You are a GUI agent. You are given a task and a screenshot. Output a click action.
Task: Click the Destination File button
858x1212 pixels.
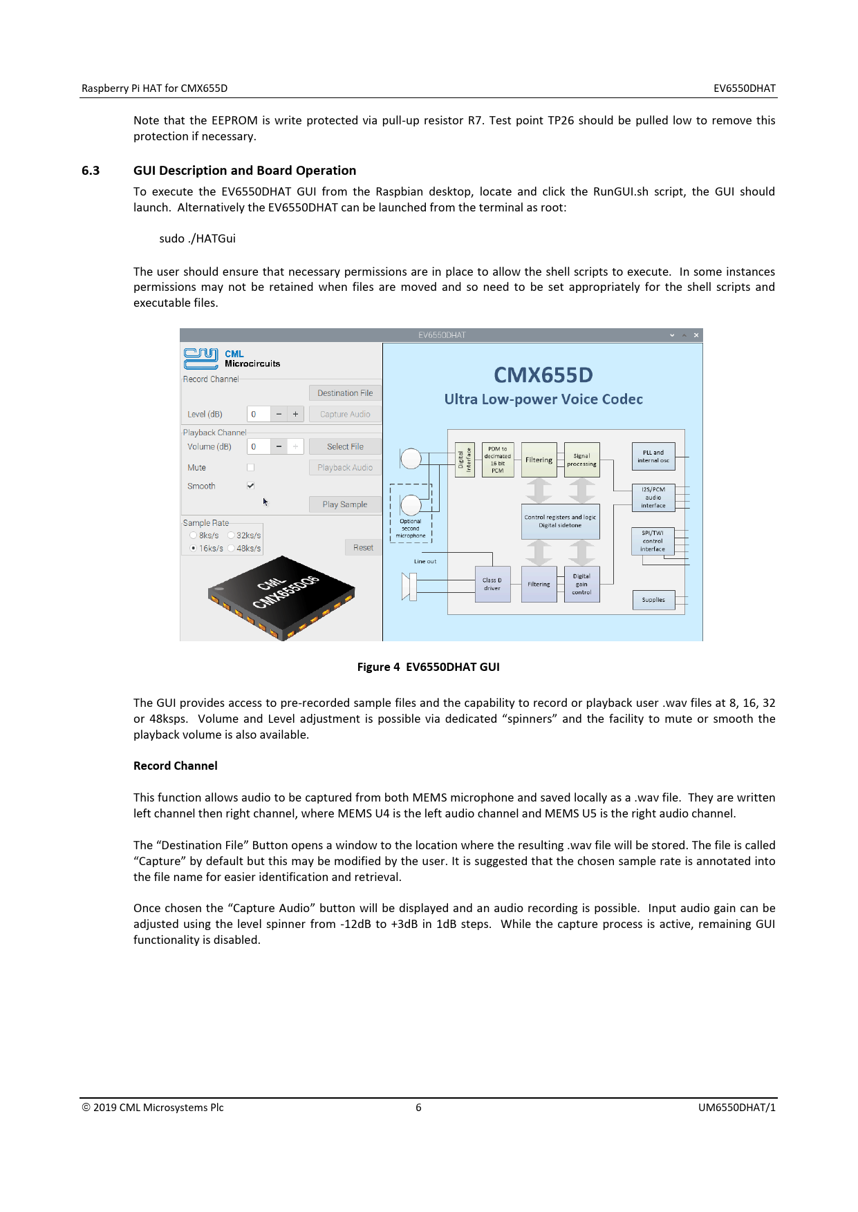345,393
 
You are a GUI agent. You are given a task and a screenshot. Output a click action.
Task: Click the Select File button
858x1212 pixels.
345,447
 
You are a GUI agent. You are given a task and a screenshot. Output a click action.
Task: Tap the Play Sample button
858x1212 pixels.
345,504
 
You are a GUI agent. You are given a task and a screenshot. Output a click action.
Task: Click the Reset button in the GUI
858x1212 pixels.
363,548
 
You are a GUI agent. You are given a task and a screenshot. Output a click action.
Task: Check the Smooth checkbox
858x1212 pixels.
250,486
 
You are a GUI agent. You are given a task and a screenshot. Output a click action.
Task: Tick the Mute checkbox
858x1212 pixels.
250,468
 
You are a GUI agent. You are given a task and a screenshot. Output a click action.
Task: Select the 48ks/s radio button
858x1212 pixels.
232,549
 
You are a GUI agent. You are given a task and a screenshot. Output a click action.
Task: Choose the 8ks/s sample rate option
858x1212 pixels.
194,536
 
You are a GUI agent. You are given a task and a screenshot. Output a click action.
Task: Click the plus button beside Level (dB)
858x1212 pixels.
295,415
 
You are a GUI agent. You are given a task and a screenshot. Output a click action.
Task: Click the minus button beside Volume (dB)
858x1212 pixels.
279,447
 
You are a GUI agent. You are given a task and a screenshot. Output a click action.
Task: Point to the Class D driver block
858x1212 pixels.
492,585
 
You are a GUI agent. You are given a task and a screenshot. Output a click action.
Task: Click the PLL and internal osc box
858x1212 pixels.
653,457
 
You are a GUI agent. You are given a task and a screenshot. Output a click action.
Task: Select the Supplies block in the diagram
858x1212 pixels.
653,600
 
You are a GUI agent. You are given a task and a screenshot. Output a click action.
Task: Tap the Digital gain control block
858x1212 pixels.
581,585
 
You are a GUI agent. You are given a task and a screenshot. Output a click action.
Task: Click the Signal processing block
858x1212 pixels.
581,460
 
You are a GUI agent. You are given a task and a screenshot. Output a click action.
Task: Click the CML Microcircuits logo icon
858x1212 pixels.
200,358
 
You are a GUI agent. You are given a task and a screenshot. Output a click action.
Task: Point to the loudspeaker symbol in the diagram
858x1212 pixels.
409,586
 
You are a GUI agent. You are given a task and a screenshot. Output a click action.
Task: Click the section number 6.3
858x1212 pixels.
91,171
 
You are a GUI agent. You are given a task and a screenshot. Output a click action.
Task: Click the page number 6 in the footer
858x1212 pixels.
418,1108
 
